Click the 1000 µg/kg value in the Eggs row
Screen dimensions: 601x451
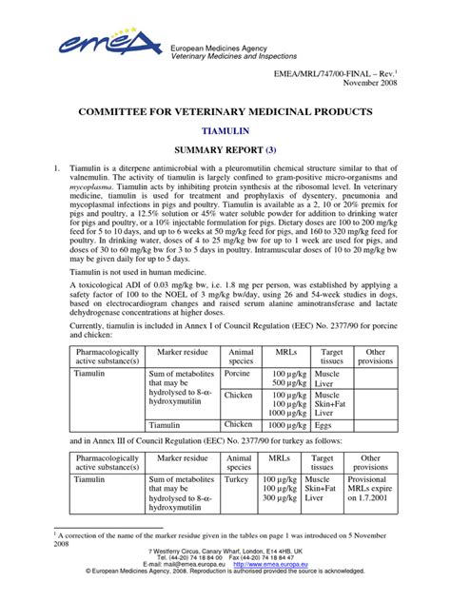click(x=286, y=426)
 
